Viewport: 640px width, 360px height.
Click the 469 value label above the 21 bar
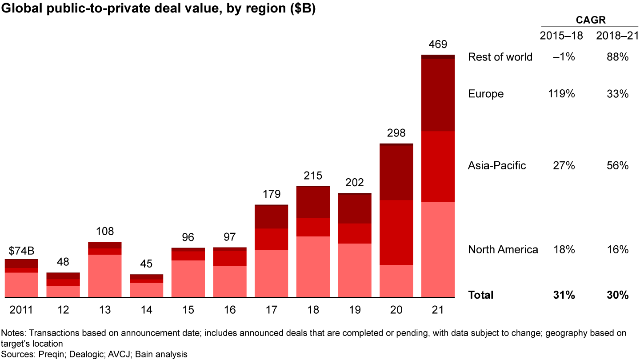tap(438, 44)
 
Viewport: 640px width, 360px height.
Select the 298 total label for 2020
tap(396, 133)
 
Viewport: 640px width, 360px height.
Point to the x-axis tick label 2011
tap(21, 310)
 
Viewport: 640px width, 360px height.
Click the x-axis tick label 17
tap(271, 310)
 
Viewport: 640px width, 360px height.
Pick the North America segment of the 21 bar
tap(438, 249)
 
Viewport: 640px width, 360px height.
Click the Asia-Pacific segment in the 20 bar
tap(396, 232)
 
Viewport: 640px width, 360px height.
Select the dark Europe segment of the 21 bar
tap(438, 95)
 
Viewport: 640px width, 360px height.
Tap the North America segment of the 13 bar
tap(104, 276)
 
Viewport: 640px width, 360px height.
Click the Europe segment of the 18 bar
tap(313, 202)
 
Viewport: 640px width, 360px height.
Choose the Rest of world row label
tap(500, 57)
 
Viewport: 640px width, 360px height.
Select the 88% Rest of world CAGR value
tap(618, 57)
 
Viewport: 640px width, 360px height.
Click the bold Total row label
tap(480, 295)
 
